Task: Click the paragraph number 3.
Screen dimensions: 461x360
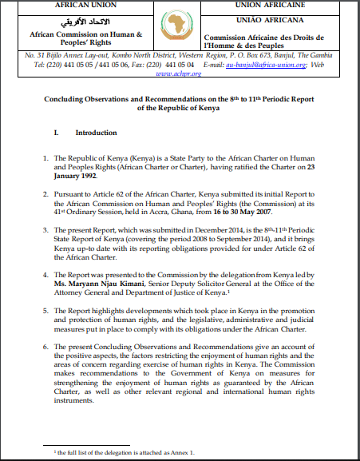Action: (x=48, y=228)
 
